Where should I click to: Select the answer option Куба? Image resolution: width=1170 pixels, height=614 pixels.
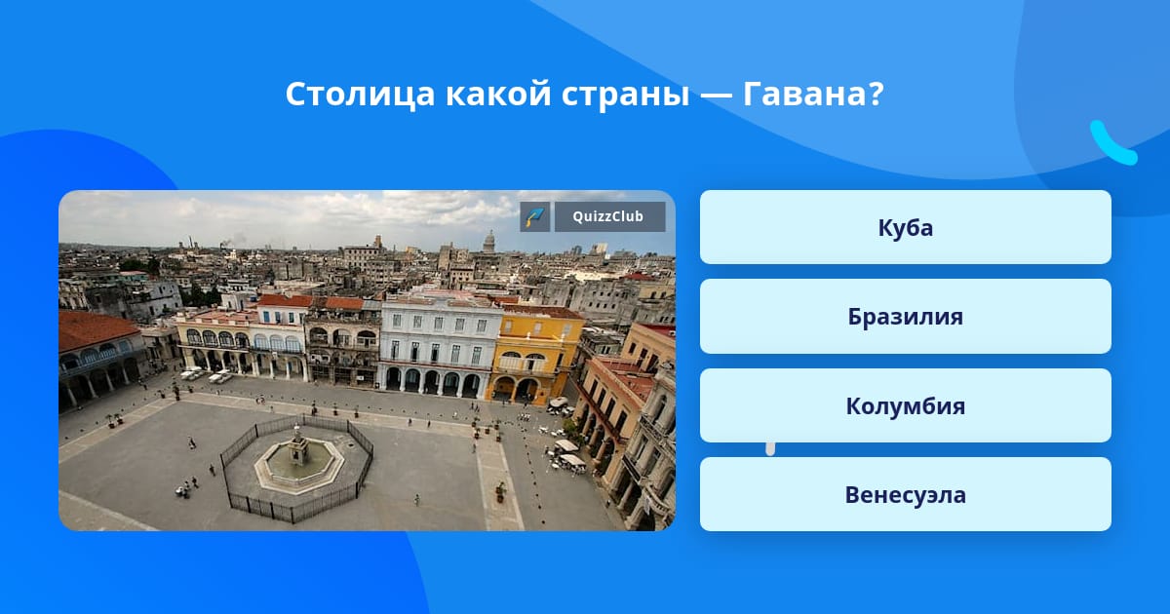coord(905,227)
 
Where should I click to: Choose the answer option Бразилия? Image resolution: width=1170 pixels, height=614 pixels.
coord(905,317)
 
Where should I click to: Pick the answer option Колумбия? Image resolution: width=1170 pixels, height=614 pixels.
coord(905,405)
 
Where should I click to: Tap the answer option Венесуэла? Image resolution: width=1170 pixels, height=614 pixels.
coord(905,494)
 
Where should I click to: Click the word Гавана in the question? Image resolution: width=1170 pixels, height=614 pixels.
coord(806,94)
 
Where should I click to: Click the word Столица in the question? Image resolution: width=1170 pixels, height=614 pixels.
coord(360,96)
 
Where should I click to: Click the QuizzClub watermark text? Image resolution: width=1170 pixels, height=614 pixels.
coord(608,216)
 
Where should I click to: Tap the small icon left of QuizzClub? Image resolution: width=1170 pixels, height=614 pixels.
coord(535,216)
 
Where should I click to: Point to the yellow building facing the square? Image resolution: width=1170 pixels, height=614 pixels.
coord(534,355)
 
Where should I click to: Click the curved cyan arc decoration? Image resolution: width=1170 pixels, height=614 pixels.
coord(1110,146)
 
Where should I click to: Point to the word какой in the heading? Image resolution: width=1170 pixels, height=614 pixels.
coord(498,95)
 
